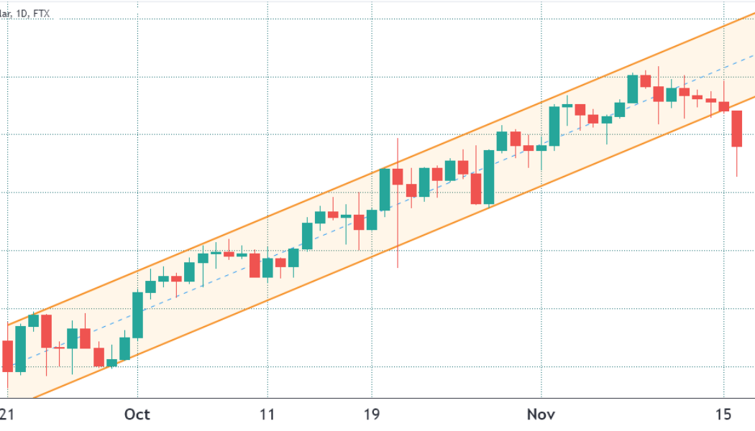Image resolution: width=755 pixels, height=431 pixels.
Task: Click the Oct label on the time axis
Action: (x=137, y=414)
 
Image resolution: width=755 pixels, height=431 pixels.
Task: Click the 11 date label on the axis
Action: (x=267, y=414)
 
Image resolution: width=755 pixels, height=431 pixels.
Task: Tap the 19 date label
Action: (x=372, y=414)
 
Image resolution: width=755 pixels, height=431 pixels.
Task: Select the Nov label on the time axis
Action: (x=541, y=414)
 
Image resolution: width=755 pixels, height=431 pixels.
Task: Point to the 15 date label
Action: (x=723, y=414)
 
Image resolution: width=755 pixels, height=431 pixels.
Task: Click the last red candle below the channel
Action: (x=737, y=129)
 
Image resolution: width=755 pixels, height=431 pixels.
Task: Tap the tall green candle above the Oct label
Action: (x=137, y=315)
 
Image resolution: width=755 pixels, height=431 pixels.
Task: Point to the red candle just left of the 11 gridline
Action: (x=254, y=264)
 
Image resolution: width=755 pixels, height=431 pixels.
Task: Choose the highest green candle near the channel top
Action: (x=633, y=89)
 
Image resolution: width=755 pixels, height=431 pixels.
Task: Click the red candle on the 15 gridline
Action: (x=724, y=106)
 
